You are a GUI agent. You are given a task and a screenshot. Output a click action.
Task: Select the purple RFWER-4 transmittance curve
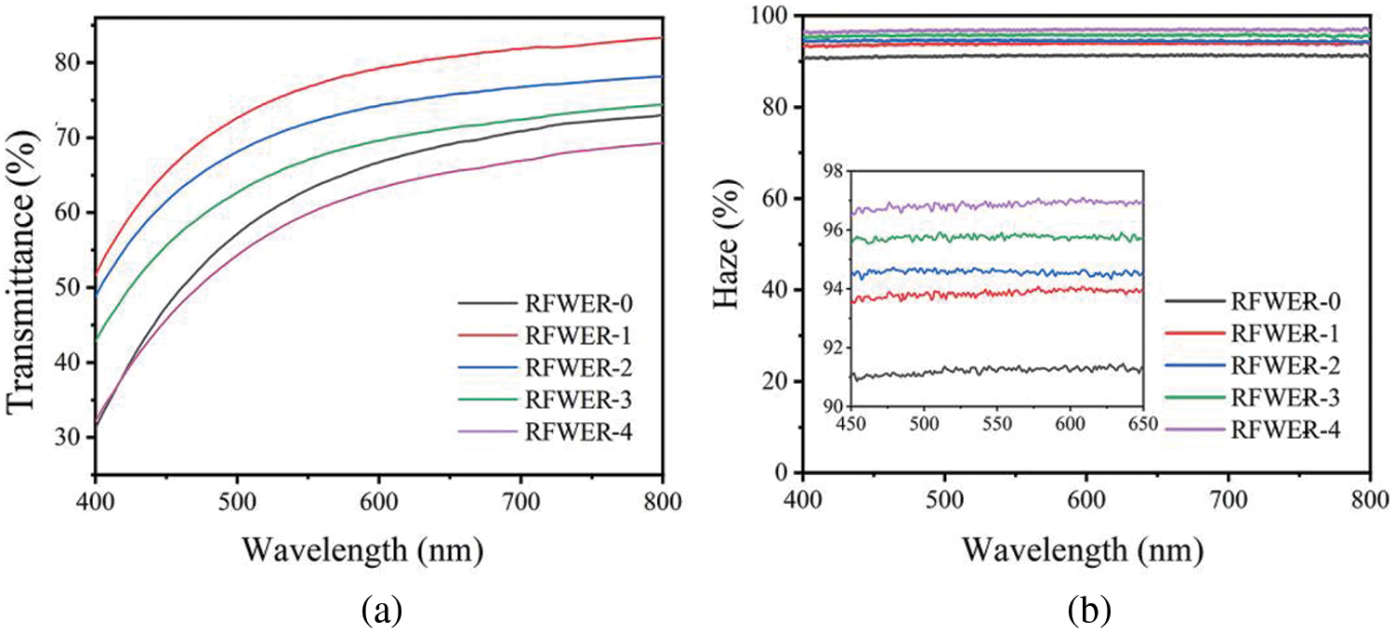(x=558, y=190)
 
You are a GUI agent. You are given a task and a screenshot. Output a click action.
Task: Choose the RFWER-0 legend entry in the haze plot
(x=1253, y=300)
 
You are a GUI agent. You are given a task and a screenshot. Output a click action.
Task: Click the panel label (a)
(x=381, y=611)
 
